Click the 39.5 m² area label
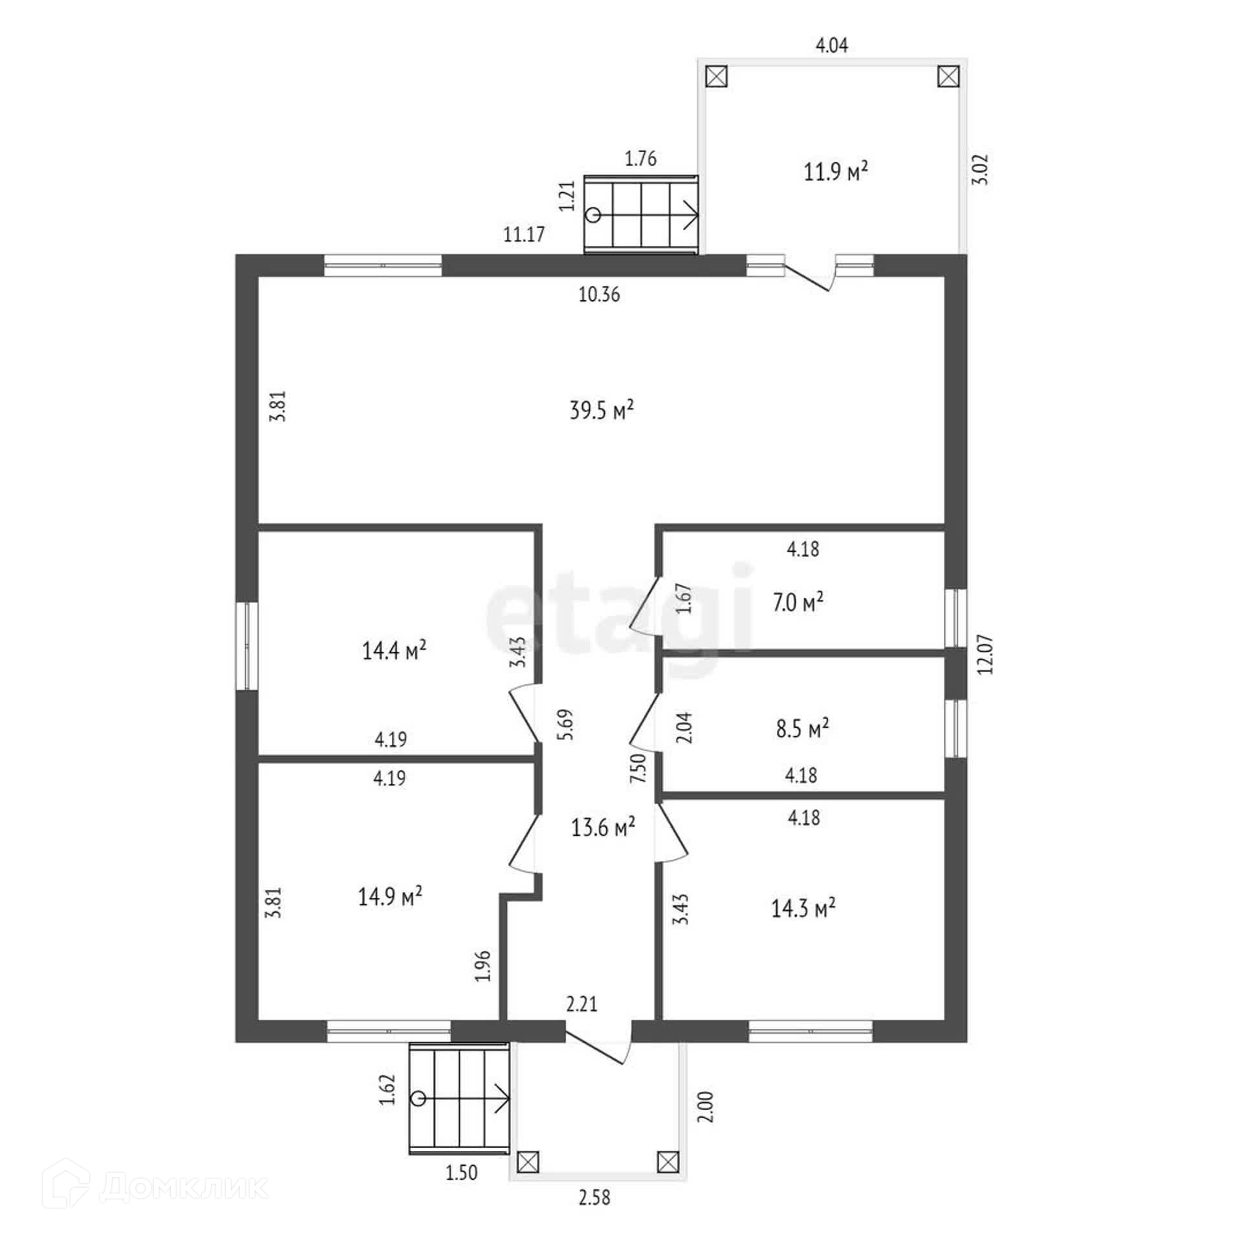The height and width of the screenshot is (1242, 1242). [x=601, y=410]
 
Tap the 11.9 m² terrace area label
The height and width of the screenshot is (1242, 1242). [x=835, y=172]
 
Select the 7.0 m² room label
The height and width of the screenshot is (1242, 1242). [x=798, y=602]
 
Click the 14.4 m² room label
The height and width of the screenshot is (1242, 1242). [x=393, y=650]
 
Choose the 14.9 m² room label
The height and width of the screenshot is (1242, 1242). [x=390, y=897]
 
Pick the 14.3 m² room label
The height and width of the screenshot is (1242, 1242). [x=803, y=909]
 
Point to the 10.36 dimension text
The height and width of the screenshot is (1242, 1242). [x=599, y=295]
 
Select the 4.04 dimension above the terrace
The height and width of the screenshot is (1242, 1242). [x=831, y=45]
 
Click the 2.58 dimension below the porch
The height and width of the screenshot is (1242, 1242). [x=594, y=1198]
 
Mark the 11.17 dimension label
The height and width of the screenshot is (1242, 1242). [x=524, y=234]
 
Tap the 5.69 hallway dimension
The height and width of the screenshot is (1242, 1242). [x=565, y=726]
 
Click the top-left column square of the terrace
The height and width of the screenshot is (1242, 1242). [x=716, y=77]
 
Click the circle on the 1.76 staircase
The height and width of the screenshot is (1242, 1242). [x=593, y=215]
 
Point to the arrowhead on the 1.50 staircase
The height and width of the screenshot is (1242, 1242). [x=502, y=1098]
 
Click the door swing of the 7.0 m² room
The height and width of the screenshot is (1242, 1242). [x=644, y=606]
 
